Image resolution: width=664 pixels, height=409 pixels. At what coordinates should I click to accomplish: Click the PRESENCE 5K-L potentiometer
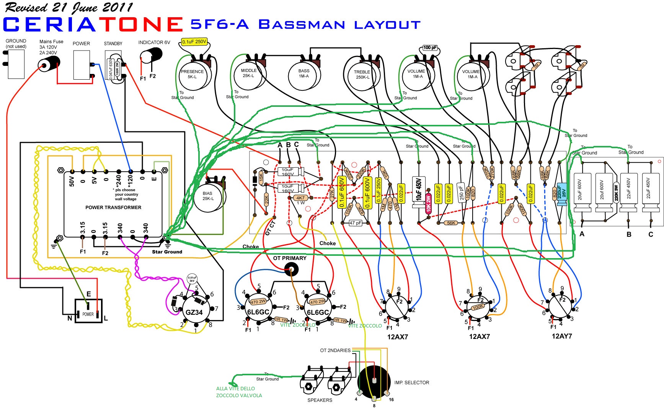tap(193, 75)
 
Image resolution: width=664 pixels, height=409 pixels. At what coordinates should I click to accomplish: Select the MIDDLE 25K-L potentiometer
tap(248, 74)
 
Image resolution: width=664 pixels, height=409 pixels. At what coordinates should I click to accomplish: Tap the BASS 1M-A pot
tap(303, 74)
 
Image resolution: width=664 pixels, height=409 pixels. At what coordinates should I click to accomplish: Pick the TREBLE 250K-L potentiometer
tap(362, 75)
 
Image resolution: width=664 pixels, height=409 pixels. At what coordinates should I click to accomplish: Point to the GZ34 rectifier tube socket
tap(194, 311)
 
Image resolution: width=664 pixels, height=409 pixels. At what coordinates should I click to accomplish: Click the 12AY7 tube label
tap(561, 336)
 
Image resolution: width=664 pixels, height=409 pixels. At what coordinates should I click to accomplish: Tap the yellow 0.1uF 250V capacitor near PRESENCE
tap(194, 42)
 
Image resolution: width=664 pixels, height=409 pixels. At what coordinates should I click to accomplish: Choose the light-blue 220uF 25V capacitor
tap(561, 194)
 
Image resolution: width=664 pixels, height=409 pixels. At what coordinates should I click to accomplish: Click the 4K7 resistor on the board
tap(300, 198)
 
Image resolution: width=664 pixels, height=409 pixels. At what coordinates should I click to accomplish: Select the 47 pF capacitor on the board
tap(355, 223)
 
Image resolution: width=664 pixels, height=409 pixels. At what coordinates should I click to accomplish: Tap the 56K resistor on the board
tap(451, 223)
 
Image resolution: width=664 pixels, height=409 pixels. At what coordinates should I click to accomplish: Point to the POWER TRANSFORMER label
tap(113, 208)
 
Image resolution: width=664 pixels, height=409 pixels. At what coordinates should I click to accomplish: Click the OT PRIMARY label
tap(290, 258)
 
